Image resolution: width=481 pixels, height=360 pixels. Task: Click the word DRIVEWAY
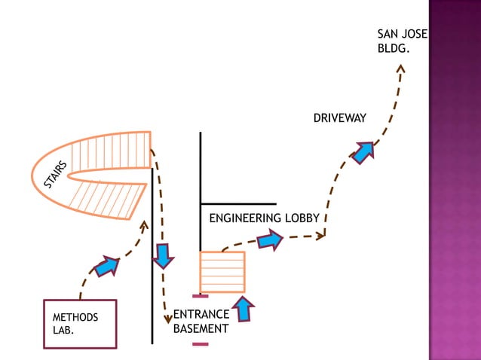pos(339,118)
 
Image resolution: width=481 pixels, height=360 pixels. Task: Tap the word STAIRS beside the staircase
pos(56,175)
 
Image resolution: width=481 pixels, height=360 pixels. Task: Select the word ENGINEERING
pos(244,218)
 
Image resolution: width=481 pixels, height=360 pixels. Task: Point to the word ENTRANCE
pos(201,315)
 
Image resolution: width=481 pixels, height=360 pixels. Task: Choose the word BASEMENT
pos(201,329)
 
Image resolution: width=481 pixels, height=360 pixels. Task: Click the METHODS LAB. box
pos(81,325)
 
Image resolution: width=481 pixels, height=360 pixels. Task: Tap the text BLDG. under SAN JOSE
pos(391,49)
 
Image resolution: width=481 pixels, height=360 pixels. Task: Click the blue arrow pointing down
pos(162,255)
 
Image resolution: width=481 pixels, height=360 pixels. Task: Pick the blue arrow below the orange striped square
pos(244,309)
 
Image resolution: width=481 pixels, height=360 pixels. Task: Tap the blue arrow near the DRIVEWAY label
pos(363,152)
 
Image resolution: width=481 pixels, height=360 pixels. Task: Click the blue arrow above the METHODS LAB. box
pos(106,266)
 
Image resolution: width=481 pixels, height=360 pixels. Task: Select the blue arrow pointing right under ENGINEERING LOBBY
pos(269,240)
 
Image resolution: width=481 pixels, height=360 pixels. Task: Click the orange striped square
pos(222,272)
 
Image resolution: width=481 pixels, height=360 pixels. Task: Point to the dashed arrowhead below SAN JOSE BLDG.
pos(400,69)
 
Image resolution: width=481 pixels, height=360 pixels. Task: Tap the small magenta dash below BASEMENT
pos(200,344)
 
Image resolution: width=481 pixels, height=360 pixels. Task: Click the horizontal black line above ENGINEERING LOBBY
pos(238,204)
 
